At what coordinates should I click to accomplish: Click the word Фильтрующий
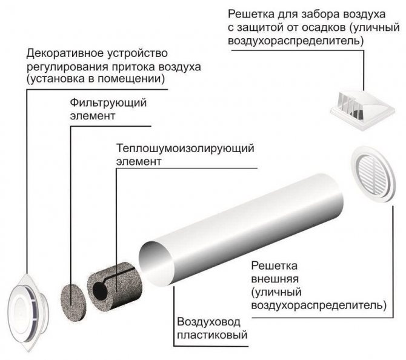click(108, 102)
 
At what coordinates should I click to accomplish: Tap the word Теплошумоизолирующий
click(185, 148)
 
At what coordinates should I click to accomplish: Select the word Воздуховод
click(208, 322)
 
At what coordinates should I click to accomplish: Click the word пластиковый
click(212, 335)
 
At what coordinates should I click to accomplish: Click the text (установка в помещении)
click(96, 79)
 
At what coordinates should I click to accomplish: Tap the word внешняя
click(275, 279)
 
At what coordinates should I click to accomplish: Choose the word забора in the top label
click(320, 14)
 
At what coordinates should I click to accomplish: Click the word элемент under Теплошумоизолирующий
click(139, 161)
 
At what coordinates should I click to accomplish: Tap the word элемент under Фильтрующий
click(93, 116)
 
